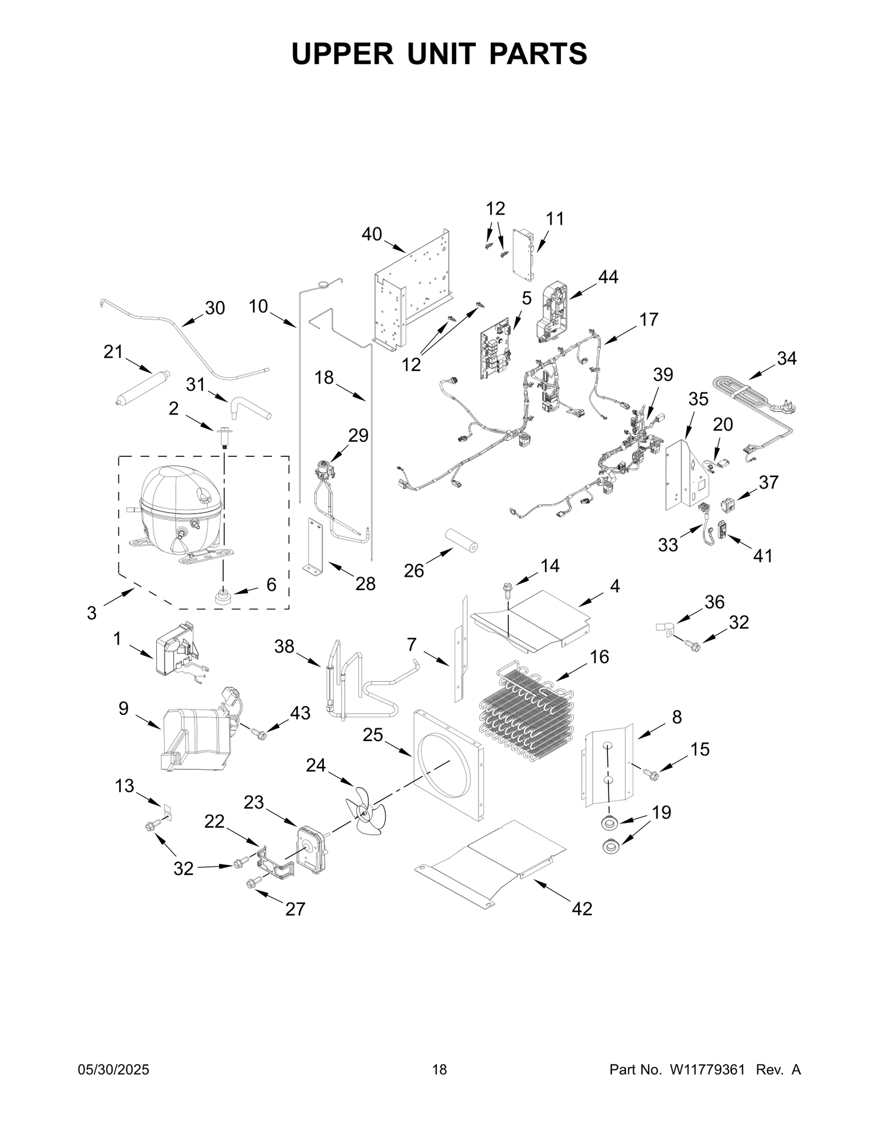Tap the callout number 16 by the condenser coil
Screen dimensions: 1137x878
(x=599, y=657)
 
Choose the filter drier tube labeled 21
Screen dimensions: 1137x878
(x=140, y=388)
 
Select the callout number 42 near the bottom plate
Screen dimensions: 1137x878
(x=582, y=909)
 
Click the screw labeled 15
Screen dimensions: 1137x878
(x=651, y=774)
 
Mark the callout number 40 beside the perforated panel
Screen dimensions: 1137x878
(x=372, y=234)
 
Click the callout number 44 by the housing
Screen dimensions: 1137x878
(x=607, y=277)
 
